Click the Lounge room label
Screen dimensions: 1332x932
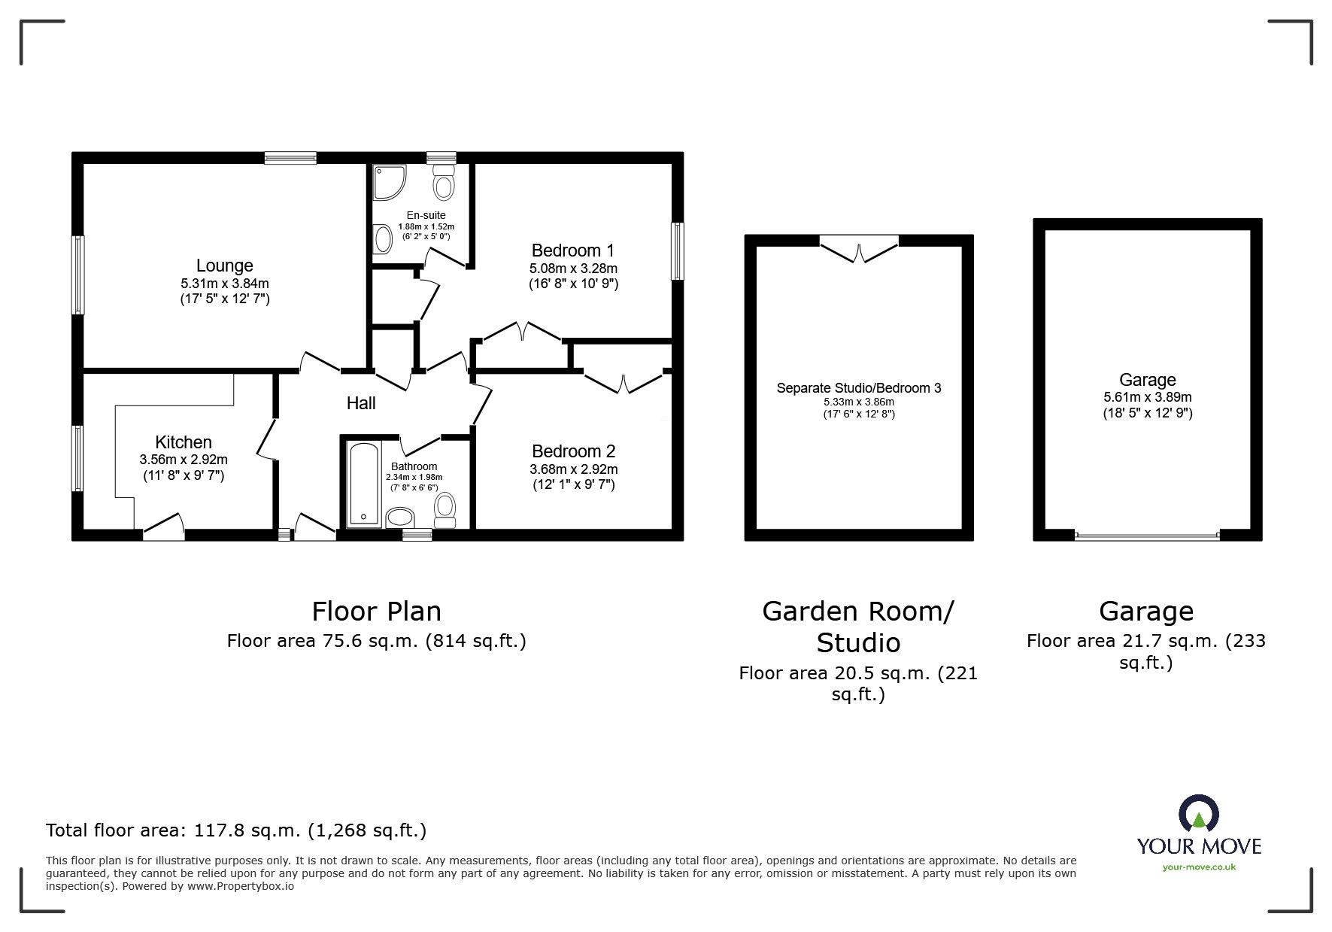point(224,266)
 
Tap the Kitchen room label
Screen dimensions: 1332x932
point(184,442)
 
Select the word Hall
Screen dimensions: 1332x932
point(361,403)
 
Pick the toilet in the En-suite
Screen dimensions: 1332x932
point(444,181)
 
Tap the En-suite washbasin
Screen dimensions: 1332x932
point(383,240)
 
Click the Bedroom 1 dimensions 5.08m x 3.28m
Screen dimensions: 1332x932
point(573,269)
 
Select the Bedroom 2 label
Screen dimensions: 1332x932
point(573,451)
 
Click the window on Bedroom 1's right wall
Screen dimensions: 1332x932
point(678,251)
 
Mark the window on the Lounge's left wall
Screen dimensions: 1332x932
point(77,275)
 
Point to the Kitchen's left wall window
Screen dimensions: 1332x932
point(77,458)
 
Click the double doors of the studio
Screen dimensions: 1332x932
point(859,248)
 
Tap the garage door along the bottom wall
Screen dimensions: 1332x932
point(1147,536)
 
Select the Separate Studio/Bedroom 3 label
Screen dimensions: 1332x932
point(859,388)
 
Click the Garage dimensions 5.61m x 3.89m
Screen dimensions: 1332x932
point(1148,397)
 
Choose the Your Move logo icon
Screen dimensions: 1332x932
point(1199,814)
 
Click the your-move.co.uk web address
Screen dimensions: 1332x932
point(1199,867)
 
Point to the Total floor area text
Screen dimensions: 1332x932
point(236,830)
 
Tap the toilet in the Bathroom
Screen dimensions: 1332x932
point(445,510)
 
